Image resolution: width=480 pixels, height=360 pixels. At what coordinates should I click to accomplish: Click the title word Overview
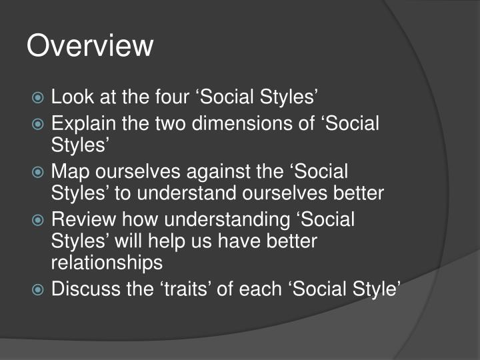click(90, 46)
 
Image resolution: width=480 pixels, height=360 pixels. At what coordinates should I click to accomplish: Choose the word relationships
click(107, 263)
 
